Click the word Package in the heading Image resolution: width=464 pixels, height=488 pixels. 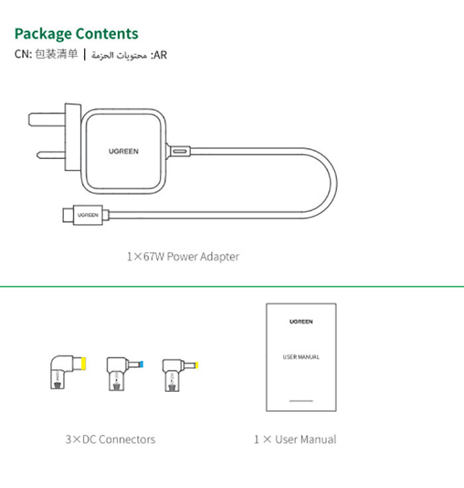[43, 34]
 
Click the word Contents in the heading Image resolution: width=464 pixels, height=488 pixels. [107, 34]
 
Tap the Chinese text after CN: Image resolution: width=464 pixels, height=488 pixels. [56, 54]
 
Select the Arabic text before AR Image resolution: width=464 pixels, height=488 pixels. [119, 56]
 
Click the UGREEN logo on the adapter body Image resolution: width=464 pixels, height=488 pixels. [123, 151]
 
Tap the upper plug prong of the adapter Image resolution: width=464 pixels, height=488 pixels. [47, 119]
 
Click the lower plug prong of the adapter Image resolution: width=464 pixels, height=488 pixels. [51, 154]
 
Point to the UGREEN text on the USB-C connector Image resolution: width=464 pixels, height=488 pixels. [87, 215]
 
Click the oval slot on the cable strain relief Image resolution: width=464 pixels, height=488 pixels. [180, 152]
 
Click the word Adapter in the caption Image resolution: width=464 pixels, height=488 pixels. [219, 257]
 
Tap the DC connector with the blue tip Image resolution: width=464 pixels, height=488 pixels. [125, 373]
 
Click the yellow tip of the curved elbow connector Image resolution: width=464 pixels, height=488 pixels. [84, 364]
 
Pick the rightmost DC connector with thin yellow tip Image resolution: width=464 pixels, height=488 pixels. [180, 375]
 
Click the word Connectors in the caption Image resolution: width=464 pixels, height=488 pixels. [127, 440]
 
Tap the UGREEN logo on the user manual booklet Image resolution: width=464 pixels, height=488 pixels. [301, 322]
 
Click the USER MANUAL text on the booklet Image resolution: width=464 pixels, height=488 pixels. [301, 357]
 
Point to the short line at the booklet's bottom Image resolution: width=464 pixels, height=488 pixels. [301, 401]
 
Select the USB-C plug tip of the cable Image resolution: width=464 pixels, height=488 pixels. [68, 215]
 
